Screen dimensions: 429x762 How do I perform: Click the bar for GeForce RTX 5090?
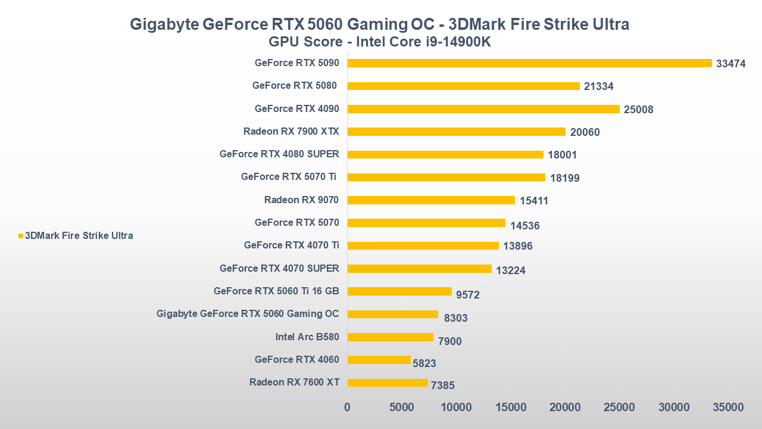pyautogui.click(x=529, y=63)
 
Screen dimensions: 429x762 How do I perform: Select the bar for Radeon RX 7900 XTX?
pyautogui.click(x=456, y=132)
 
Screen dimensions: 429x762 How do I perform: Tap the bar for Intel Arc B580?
pyautogui.click(x=390, y=337)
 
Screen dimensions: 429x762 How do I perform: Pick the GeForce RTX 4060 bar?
pyautogui.click(x=379, y=360)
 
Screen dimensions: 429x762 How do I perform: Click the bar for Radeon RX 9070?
pyautogui.click(x=431, y=200)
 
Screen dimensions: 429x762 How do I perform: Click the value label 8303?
pyautogui.click(x=456, y=318)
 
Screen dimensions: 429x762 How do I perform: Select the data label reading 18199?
pyautogui.click(x=564, y=178)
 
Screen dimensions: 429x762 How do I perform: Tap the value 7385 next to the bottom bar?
pyautogui.click(x=443, y=386)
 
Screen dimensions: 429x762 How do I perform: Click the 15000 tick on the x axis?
pyautogui.click(x=511, y=408)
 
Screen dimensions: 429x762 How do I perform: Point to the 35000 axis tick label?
pyautogui.click(x=729, y=408)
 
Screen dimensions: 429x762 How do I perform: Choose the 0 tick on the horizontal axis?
pyautogui.click(x=348, y=408)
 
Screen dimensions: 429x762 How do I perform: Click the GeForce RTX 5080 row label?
pyautogui.click(x=295, y=85)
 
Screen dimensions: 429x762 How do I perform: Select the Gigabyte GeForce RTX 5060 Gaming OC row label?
pyautogui.click(x=248, y=314)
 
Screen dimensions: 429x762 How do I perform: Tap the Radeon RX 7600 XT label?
pyautogui.click(x=294, y=383)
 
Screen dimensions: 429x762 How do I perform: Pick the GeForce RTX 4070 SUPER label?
pyautogui.click(x=279, y=268)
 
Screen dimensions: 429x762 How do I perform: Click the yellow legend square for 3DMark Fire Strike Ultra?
pyautogui.click(x=21, y=236)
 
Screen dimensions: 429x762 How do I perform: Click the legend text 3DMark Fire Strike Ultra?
pyautogui.click(x=79, y=236)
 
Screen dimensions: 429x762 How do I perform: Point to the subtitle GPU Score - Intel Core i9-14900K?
pyautogui.click(x=379, y=42)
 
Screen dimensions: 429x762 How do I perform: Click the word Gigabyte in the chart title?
pyautogui.click(x=164, y=24)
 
